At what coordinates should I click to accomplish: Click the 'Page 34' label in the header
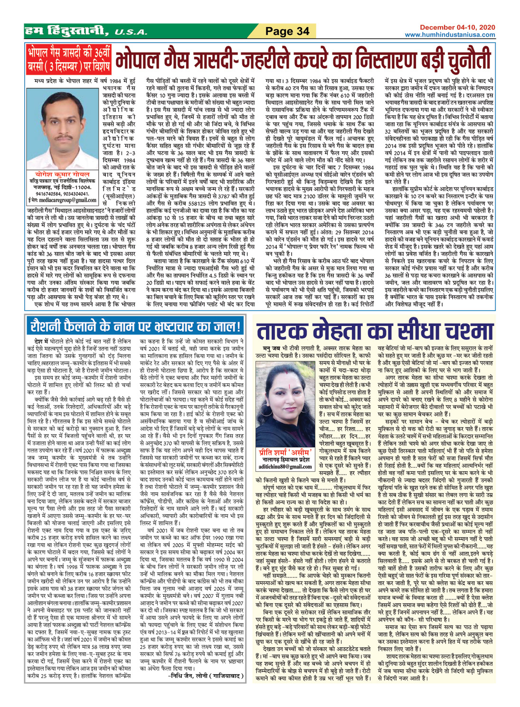pos(287,31)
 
